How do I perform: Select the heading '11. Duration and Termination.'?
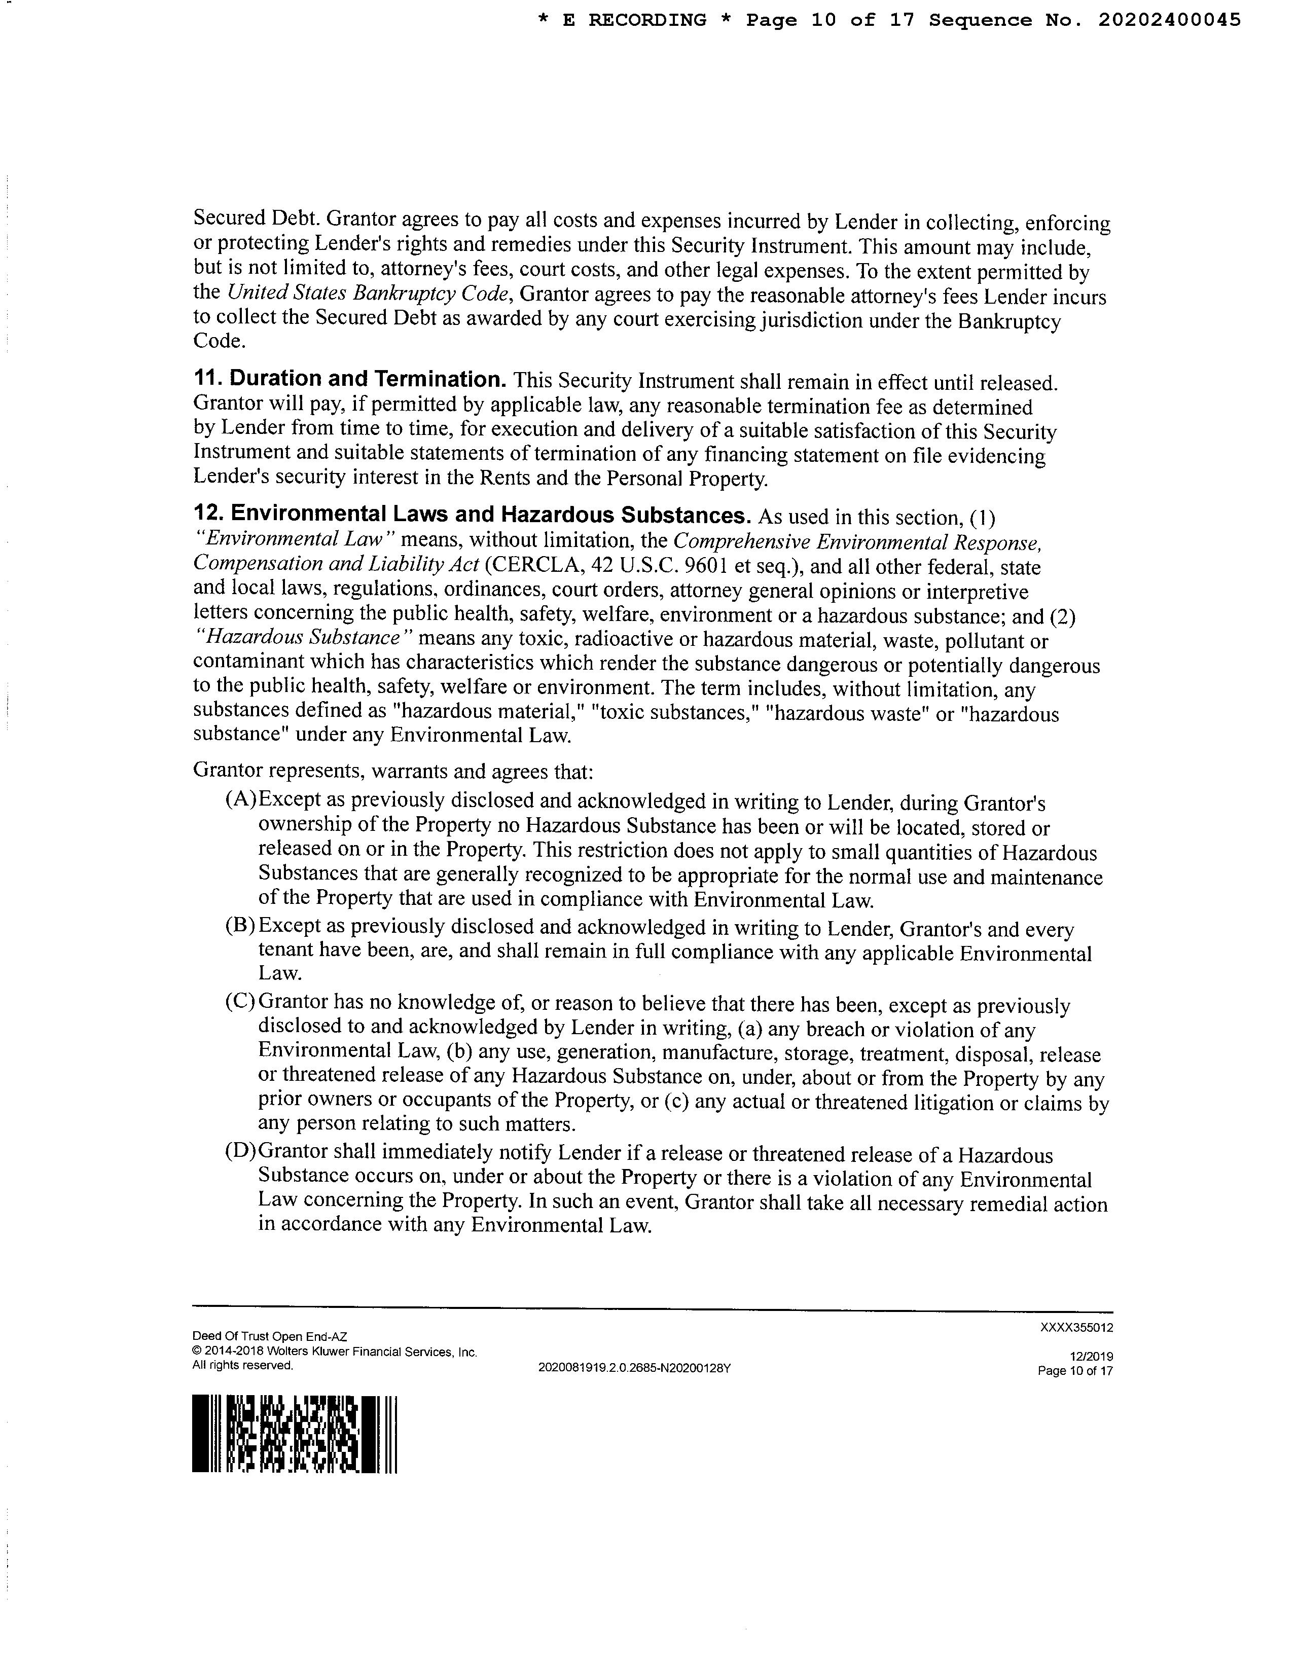pos(349,379)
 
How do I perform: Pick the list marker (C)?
pos(240,1002)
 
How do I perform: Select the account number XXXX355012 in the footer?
pos(1076,1328)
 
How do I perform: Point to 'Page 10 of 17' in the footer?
pos(1075,1371)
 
